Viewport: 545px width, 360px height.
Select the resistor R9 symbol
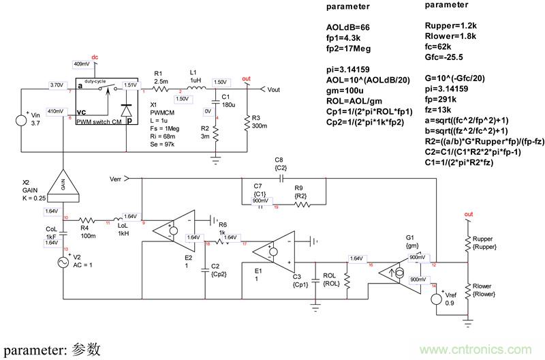[x=299, y=203]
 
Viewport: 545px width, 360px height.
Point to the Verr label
[x=119, y=179]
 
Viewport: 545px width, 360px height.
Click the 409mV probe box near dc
[x=81, y=63]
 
